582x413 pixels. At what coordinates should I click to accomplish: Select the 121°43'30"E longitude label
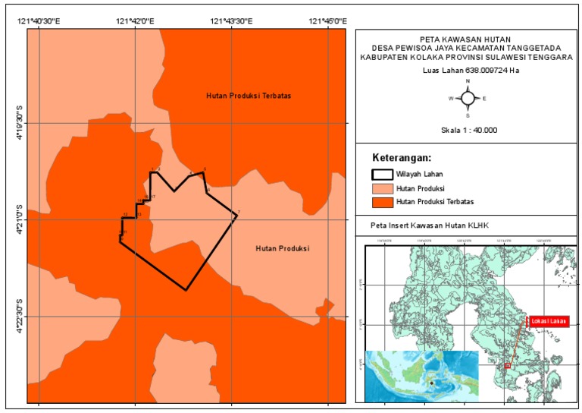[232, 21]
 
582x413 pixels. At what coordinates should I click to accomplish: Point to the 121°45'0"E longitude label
[328, 21]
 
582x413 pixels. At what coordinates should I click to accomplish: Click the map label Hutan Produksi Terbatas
[249, 96]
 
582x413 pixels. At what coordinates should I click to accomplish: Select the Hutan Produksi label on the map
[283, 248]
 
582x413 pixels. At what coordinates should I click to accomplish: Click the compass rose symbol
[468, 98]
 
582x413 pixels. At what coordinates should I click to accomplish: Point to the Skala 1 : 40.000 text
[468, 130]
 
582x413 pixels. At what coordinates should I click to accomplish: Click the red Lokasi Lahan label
[549, 320]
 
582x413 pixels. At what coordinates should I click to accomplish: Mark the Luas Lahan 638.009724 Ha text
[468, 71]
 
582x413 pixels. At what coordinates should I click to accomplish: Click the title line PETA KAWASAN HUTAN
[468, 37]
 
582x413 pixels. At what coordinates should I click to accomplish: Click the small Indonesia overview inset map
[421, 375]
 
